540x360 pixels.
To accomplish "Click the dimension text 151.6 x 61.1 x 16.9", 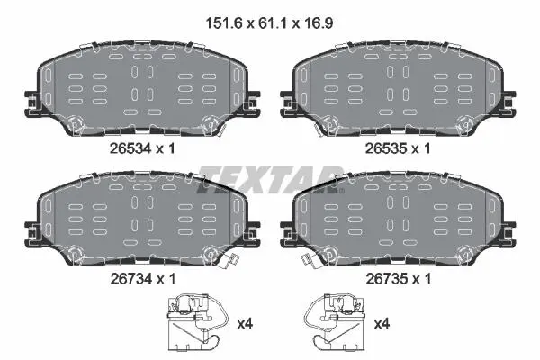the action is point(269,23).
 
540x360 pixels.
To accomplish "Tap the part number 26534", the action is point(130,148).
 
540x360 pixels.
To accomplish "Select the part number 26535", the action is point(386,148).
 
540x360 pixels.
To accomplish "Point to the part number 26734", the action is point(130,279).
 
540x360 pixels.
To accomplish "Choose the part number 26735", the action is point(386,279).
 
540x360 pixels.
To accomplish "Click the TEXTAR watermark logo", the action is point(270,179).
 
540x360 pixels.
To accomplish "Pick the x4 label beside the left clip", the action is point(245,324).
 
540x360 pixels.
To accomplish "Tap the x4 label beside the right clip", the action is point(382,324).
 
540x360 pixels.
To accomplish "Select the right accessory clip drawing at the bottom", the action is point(334,322).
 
